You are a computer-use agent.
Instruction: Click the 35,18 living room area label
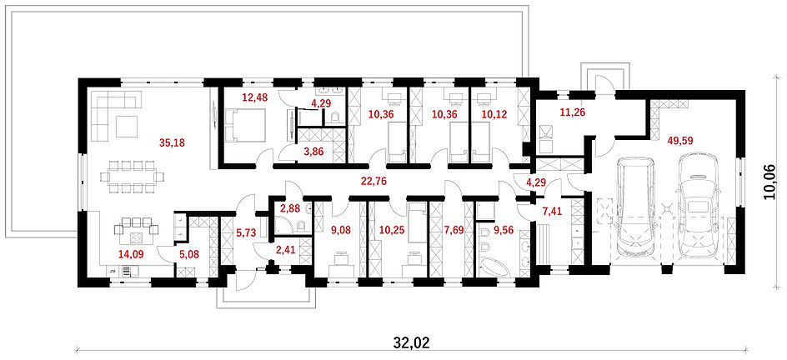tap(172, 142)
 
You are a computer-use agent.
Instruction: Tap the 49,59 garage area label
tap(680, 141)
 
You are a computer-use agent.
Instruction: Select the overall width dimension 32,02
tap(413, 342)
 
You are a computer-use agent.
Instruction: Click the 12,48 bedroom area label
tap(255, 97)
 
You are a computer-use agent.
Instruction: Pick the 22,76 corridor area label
tap(374, 182)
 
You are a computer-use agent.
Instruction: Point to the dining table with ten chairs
tap(132, 177)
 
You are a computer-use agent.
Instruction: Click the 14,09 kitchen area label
tap(130, 253)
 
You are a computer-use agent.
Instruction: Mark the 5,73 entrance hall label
tap(246, 232)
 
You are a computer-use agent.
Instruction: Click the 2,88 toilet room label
tap(288, 208)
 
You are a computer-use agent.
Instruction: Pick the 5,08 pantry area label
tap(190, 253)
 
